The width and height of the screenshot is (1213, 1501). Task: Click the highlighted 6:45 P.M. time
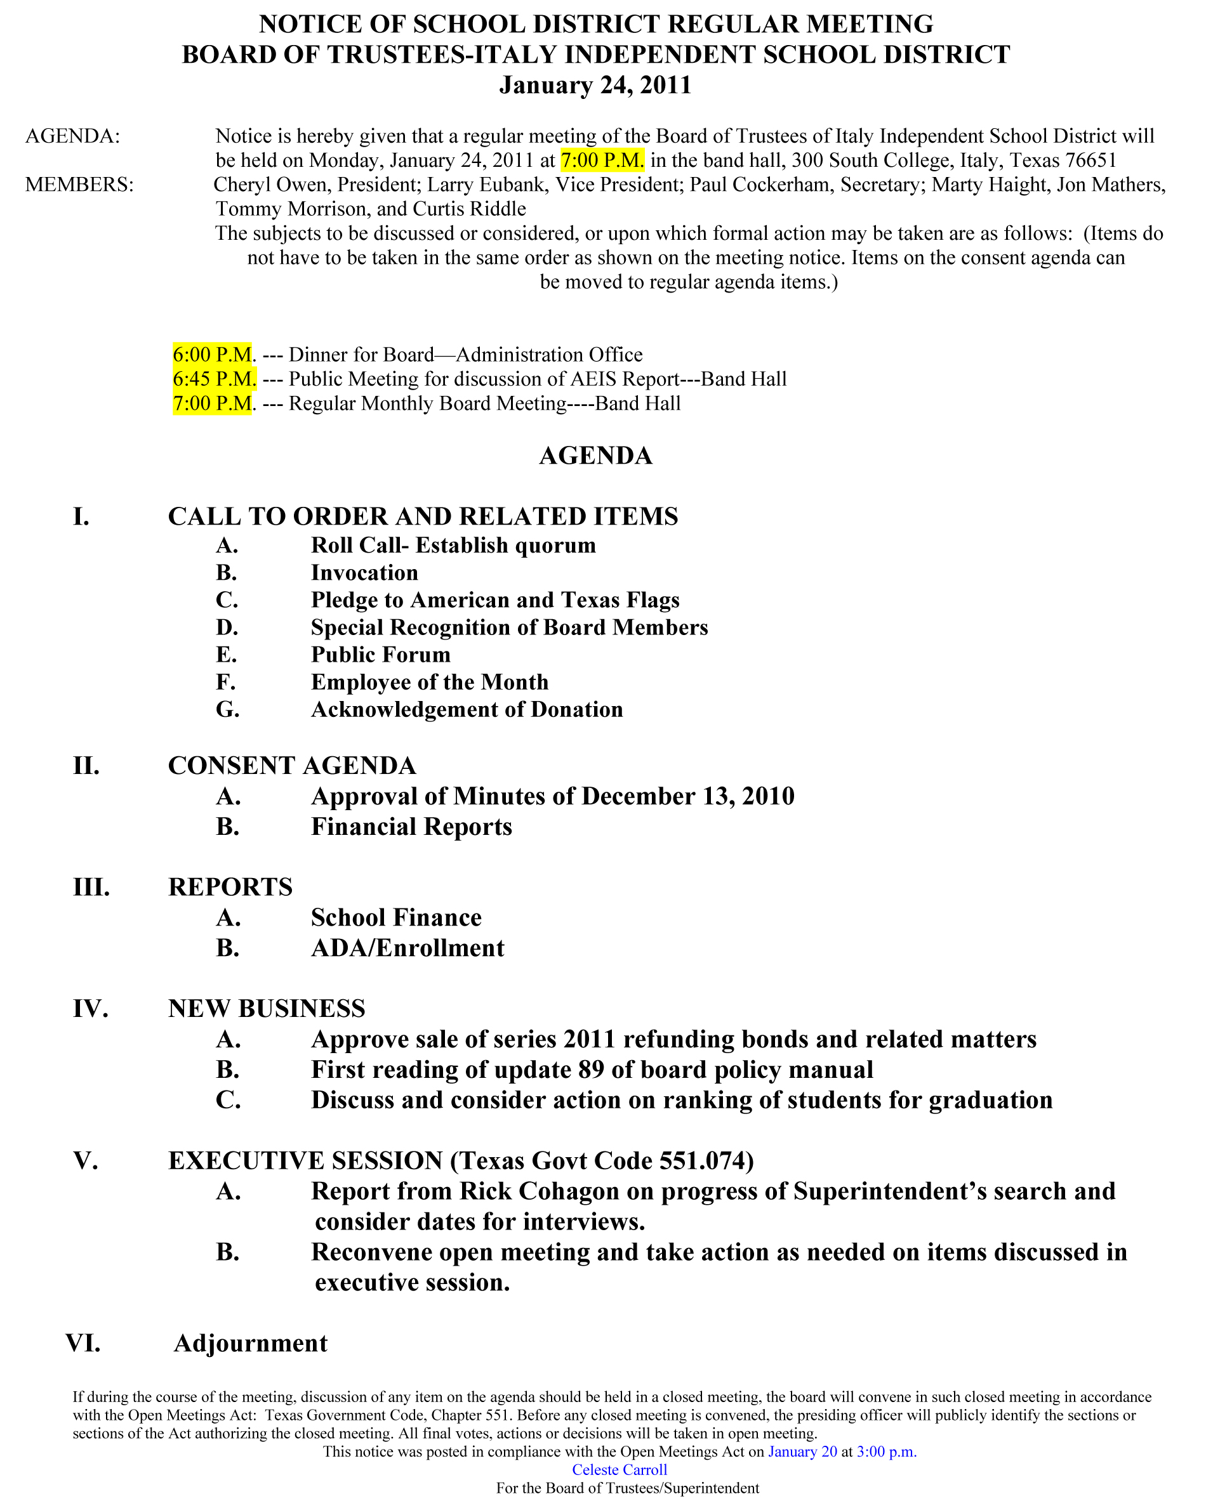click(x=214, y=379)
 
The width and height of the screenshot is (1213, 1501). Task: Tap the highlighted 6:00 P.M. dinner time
click(x=213, y=354)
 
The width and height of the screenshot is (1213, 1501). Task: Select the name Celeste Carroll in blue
click(x=619, y=1469)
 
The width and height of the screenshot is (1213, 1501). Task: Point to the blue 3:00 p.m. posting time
click(x=886, y=1452)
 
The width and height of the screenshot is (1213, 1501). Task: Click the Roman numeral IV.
click(x=90, y=1009)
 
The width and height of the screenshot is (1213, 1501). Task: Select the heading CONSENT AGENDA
click(x=292, y=766)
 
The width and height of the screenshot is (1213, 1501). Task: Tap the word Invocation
click(x=364, y=573)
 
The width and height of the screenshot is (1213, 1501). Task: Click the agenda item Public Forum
click(x=381, y=655)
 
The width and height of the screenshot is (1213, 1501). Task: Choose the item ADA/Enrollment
click(x=408, y=948)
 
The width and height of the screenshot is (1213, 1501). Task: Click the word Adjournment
click(x=250, y=1343)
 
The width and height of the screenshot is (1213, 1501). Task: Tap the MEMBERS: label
click(x=79, y=185)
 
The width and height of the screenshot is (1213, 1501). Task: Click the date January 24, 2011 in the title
click(x=595, y=85)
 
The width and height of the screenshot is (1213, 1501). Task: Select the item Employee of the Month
click(x=430, y=682)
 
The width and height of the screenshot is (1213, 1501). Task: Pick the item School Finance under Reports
click(x=396, y=917)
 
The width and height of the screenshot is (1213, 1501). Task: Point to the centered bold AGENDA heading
click(x=595, y=456)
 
